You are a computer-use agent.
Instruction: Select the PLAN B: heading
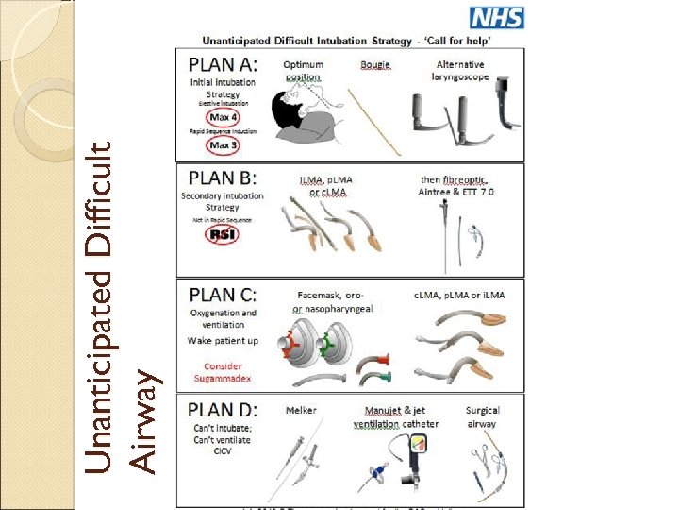click(223, 177)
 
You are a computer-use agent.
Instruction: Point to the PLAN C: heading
click(223, 294)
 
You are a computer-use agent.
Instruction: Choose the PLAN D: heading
click(224, 411)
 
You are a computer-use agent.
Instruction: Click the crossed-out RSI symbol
click(223, 233)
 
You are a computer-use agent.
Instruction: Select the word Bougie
click(375, 65)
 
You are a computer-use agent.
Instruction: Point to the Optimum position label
click(304, 71)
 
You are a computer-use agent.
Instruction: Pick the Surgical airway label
click(482, 416)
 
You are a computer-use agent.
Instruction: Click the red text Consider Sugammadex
click(223, 372)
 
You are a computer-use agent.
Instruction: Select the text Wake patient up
click(223, 340)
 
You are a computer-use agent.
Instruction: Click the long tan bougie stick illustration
click(375, 122)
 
